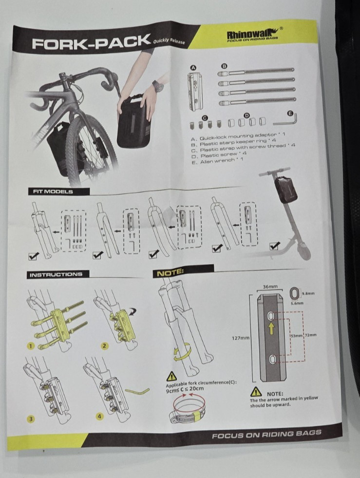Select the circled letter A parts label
click(x=193, y=68)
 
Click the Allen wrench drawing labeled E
click(x=286, y=120)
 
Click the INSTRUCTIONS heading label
click(x=56, y=274)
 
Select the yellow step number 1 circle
click(x=31, y=345)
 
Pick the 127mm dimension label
click(x=241, y=338)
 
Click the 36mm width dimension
click(x=270, y=287)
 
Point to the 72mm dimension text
click(x=311, y=335)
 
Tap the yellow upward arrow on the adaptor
click(x=271, y=329)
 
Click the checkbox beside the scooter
click(x=275, y=246)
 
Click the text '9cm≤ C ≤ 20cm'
click(x=185, y=389)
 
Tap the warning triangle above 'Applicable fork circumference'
click(x=171, y=376)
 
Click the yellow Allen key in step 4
click(x=137, y=390)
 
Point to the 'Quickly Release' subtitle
click(x=169, y=41)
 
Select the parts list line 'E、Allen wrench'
click(x=217, y=161)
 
